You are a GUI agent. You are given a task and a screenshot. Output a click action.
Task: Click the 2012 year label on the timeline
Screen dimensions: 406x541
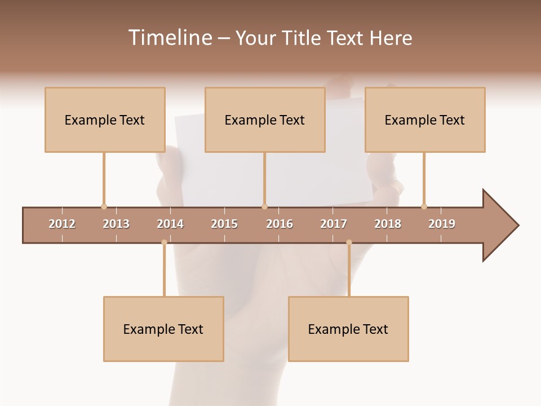(x=62, y=224)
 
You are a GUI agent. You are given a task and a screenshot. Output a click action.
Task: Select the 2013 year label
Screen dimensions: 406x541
(x=116, y=224)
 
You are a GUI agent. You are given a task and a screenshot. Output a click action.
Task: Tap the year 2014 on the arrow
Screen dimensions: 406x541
(x=170, y=224)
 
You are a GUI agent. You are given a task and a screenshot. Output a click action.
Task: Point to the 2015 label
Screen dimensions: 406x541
(x=224, y=224)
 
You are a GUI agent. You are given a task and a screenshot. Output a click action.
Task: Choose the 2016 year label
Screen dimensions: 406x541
(x=280, y=224)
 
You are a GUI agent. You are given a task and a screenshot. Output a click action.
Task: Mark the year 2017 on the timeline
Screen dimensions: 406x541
(x=334, y=224)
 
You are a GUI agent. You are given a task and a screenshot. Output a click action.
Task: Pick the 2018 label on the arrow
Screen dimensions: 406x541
(x=388, y=224)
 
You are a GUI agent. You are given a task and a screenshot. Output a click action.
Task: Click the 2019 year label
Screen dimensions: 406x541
(x=442, y=224)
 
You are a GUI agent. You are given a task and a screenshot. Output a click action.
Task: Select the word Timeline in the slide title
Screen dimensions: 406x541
(x=168, y=38)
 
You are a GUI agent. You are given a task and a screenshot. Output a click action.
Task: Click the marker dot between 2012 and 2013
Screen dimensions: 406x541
(x=104, y=206)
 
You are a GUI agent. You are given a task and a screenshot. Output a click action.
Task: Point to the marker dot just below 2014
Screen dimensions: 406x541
(x=164, y=242)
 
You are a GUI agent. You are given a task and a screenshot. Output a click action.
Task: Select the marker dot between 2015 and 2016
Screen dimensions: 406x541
(x=264, y=206)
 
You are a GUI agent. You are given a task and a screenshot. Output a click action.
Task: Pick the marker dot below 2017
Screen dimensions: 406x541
(x=349, y=242)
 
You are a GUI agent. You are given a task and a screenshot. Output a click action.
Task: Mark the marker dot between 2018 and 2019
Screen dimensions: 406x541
(x=424, y=206)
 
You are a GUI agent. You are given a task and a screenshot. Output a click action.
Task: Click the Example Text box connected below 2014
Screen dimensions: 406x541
(x=163, y=329)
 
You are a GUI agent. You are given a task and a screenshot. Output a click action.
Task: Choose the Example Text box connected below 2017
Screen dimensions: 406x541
(x=348, y=329)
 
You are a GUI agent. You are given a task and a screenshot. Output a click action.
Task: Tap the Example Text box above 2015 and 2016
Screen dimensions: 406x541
(x=265, y=120)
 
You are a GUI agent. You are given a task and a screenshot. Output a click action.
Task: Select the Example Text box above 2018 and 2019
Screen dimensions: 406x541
(x=425, y=120)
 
